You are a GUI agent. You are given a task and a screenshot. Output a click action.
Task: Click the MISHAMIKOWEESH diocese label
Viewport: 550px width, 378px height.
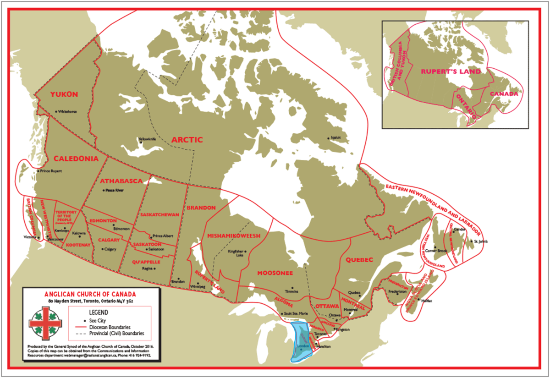click(234, 236)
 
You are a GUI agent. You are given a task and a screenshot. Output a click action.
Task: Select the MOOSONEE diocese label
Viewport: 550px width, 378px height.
click(275, 273)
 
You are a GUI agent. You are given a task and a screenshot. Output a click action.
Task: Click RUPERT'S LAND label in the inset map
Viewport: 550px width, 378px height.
click(451, 71)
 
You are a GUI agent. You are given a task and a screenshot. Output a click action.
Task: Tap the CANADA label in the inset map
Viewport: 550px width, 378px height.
click(504, 93)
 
